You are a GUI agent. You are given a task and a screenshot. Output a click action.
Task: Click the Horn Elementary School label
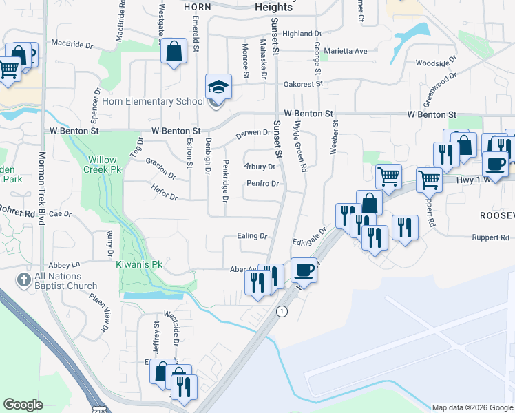pyautogui.click(x=153, y=102)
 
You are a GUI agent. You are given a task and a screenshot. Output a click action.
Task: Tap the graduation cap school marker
pyautogui.click(x=218, y=87)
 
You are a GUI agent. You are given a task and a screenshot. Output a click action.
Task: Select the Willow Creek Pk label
pyautogui.click(x=101, y=164)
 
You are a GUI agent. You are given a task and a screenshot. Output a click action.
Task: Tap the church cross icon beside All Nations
pyautogui.click(x=23, y=280)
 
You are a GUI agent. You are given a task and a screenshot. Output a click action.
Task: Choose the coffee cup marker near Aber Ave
pyautogui.click(x=304, y=270)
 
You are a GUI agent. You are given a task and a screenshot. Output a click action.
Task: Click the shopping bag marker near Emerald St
pyautogui.click(x=174, y=50)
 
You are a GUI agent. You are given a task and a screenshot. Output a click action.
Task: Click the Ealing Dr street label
pyautogui.click(x=252, y=236)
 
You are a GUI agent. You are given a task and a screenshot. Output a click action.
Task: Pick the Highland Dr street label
pyautogui.click(x=302, y=33)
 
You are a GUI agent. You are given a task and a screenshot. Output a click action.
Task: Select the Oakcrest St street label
pyautogui.click(x=304, y=84)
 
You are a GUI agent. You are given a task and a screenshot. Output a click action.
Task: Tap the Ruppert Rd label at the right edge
pyautogui.click(x=490, y=237)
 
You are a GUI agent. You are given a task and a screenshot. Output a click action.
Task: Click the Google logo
pyautogui.click(x=23, y=405)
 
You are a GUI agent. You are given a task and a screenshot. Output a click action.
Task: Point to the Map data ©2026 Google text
pyautogui.click(x=472, y=407)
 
